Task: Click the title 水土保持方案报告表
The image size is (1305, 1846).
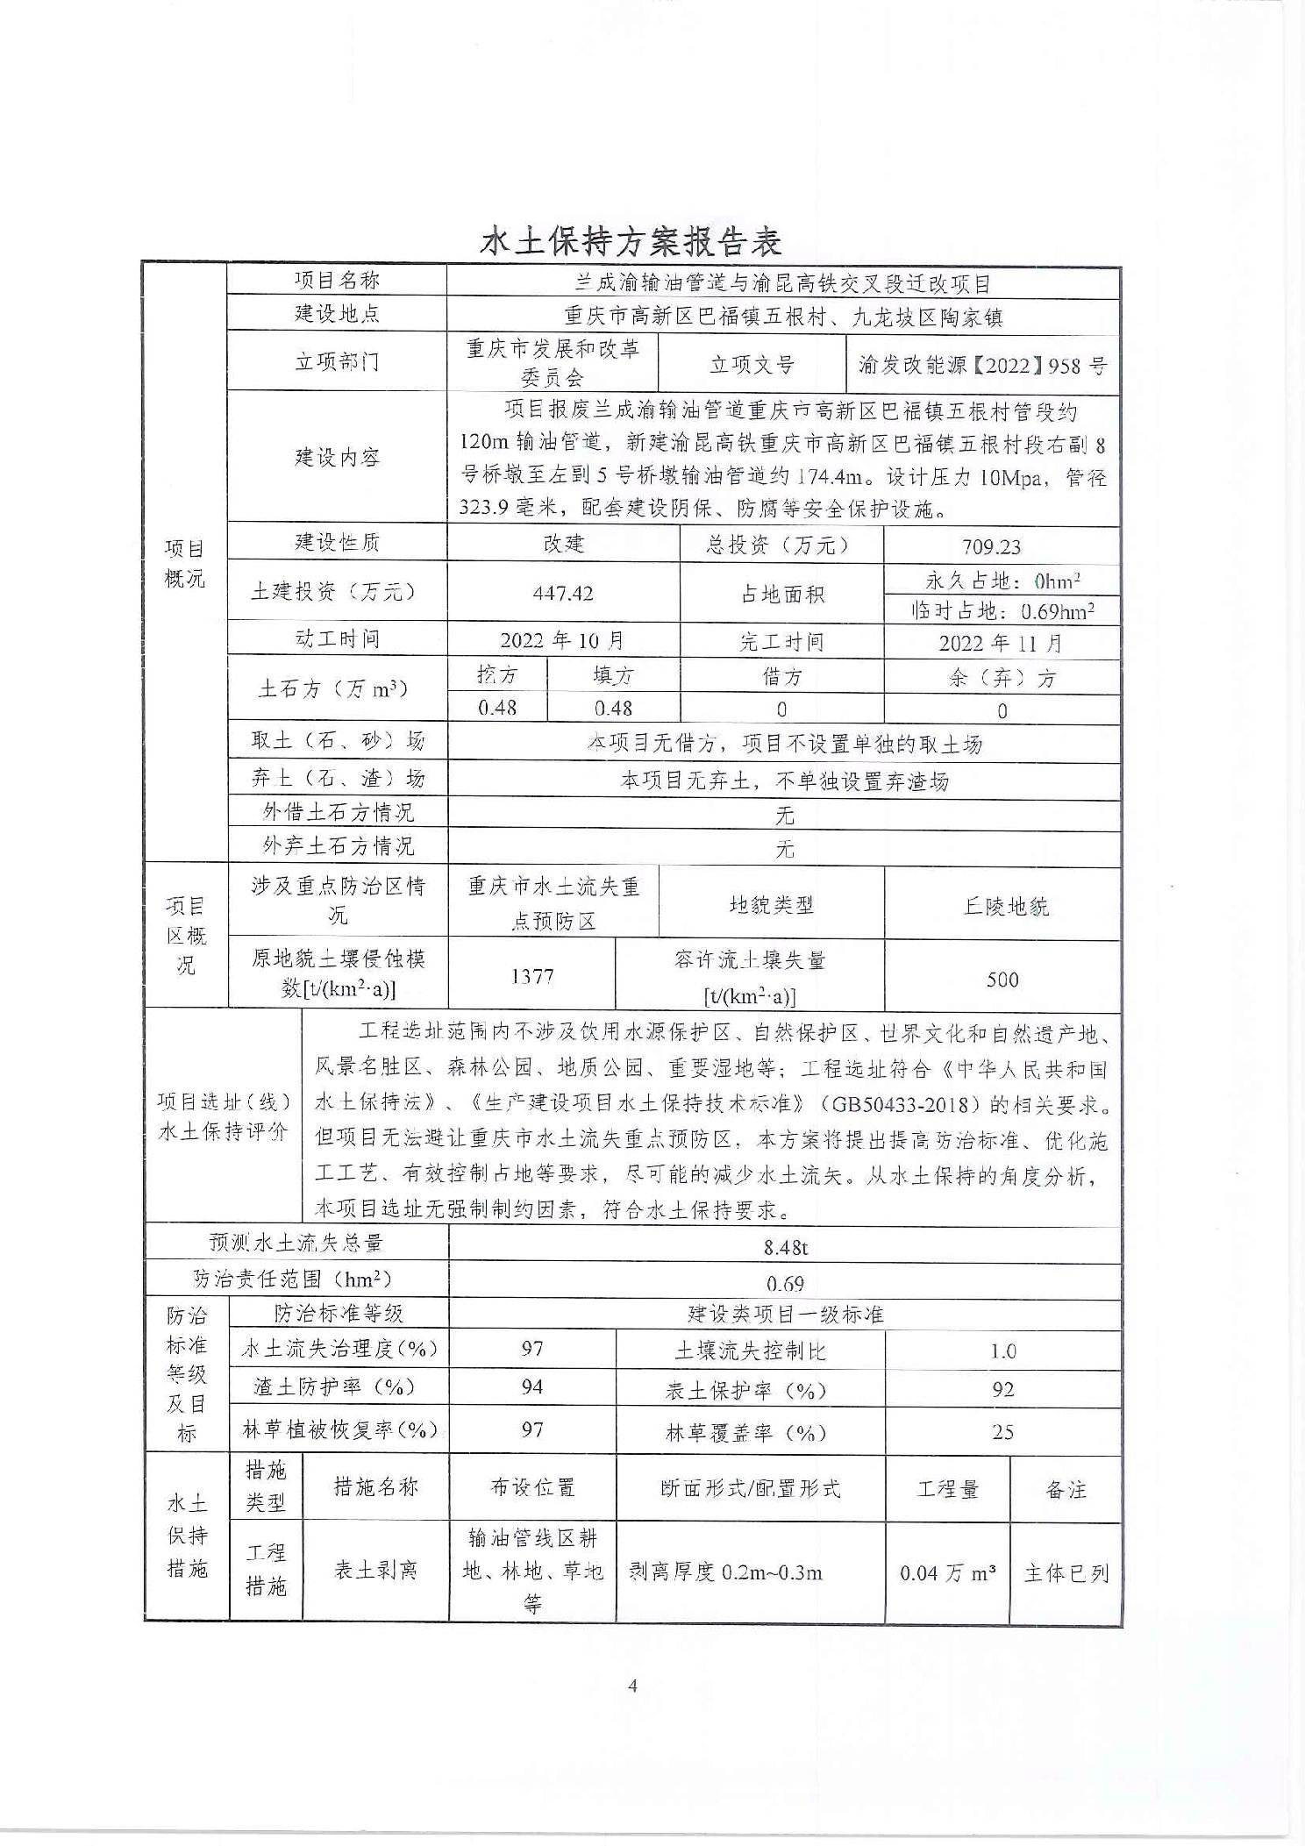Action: click(631, 241)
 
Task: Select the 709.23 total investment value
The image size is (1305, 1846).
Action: click(991, 546)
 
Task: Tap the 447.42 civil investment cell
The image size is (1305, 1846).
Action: click(563, 593)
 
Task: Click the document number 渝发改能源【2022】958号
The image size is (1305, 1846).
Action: click(982, 365)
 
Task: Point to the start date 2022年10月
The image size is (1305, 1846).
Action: click(561, 640)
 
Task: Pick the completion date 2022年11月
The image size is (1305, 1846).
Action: click(1000, 643)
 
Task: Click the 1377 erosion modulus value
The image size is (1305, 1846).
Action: click(532, 975)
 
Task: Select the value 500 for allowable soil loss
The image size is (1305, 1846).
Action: click(1002, 979)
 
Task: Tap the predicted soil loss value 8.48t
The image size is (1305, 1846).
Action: click(785, 1246)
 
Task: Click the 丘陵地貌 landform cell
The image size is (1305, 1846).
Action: click(1005, 906)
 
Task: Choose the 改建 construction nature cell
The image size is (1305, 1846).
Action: click(563, 544)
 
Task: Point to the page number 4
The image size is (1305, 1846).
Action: click(632, 1685)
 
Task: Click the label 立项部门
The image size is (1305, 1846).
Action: click(337, 361)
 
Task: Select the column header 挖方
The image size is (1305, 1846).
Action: click(496, 674)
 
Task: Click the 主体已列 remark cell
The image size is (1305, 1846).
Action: click(1066, 1572)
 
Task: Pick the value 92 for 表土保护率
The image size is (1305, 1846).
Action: click(1002, 1389)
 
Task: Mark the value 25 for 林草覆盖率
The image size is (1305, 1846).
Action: click(1002, 1432)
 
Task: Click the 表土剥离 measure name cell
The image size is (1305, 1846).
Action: click(375, 1570)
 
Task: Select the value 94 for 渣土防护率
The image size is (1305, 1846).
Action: click(532, 1386)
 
